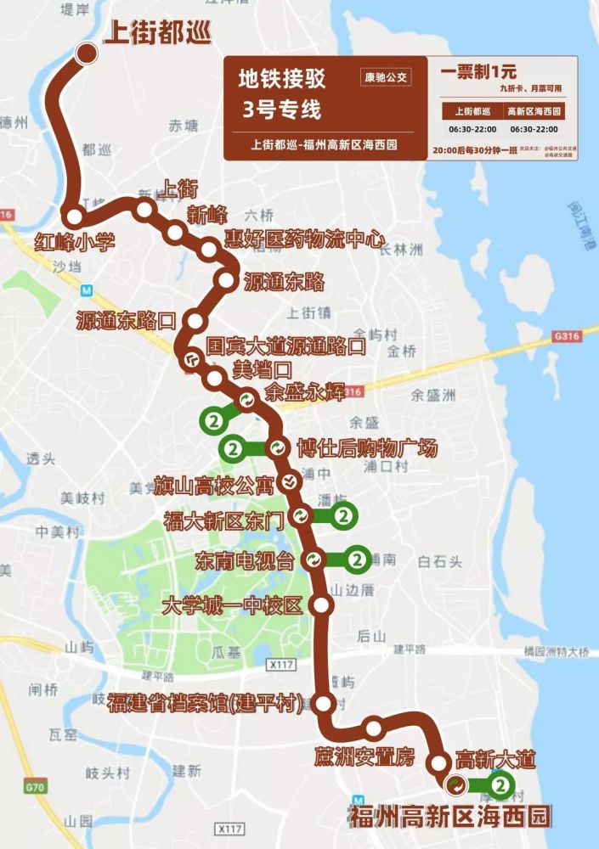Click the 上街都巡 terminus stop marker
coord(87,53)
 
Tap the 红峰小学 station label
coord(74,242)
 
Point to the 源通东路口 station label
coord(126,321)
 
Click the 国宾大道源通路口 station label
coord(286,346)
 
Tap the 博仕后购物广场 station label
coord(367,448)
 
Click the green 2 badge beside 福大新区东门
coord(343,515)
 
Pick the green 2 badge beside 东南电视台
coord(357,559)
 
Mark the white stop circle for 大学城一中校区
coord(322,604)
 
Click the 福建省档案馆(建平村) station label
coord(206,703)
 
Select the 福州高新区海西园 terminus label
coord(450,817)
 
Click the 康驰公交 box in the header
coord(385,77)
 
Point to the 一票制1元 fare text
coord(478,72)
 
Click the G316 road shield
coord(564,336)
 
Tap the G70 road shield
coord(35,787)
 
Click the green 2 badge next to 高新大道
coord(501,785)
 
